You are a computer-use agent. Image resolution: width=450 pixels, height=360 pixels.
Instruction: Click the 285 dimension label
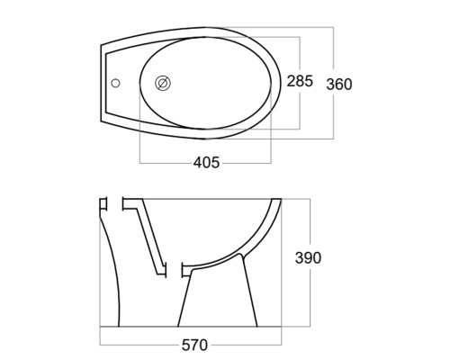pos(300,81)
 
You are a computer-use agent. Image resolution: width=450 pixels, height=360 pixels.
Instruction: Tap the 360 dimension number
pos(339,85)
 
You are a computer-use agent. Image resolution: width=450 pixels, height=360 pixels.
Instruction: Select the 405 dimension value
pos(206,163)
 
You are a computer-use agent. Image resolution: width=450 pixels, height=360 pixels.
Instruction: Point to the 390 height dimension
pos(308,257)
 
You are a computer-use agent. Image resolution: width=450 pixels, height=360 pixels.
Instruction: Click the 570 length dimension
pos(194,345)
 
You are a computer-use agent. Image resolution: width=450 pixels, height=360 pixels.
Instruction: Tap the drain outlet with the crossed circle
pos(163,83)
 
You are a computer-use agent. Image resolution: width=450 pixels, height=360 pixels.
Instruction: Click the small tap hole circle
pos(115,83)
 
